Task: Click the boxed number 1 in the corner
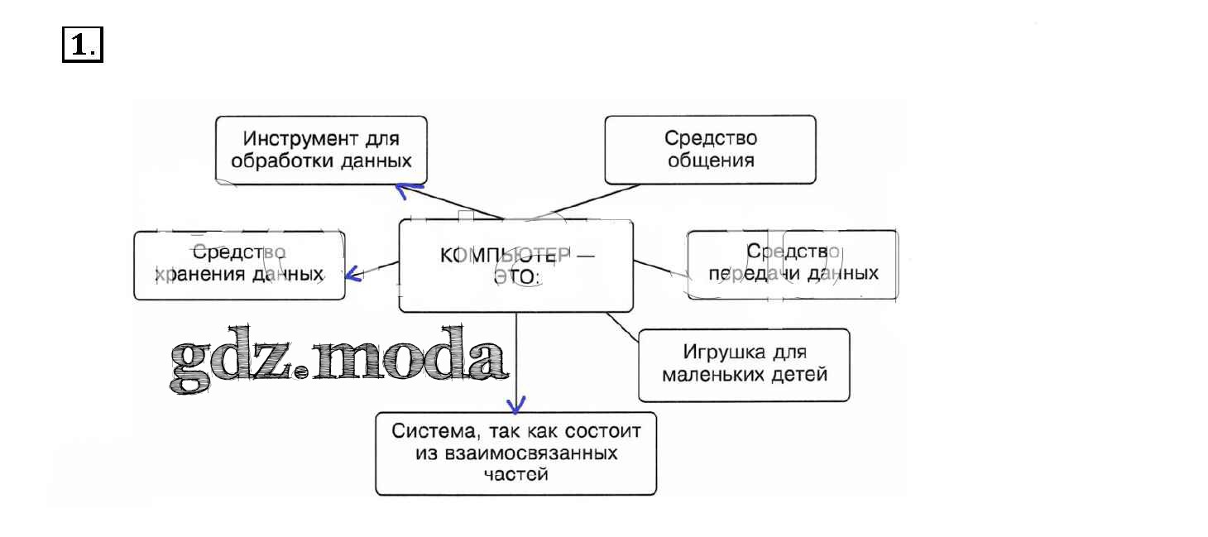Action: pos(81,45)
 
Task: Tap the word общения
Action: pos(710,160)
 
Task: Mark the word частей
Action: pos(515,475)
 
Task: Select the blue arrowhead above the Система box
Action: pos(516,405)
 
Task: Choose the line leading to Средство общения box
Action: pos(571,199)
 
